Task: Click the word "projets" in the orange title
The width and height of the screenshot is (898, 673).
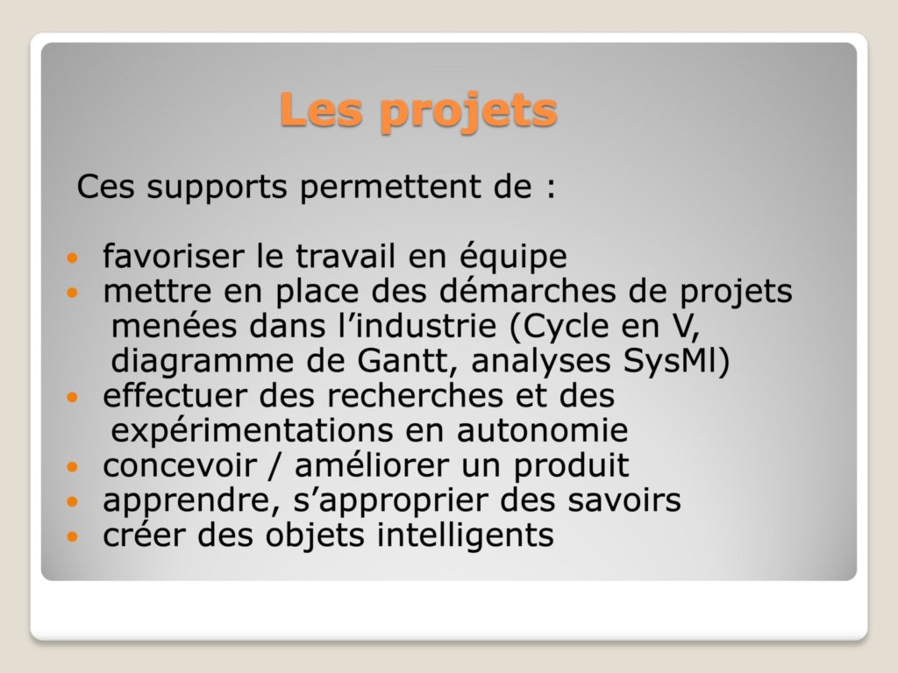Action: (468, 112)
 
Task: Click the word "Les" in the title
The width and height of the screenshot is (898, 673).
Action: (321, 109)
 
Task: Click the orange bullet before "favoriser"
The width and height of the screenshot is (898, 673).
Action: (72, 258)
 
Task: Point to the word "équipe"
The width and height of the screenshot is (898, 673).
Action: (513, 257)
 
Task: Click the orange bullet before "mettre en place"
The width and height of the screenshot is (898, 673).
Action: (72, 293)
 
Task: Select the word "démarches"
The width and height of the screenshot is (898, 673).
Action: (527, 290)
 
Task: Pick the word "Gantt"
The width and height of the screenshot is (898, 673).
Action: (403, 361)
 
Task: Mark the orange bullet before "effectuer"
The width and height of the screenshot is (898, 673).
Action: (72, 397)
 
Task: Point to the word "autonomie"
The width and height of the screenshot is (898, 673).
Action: (542, 431)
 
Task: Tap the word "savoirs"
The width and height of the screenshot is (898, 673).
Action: (624, 499)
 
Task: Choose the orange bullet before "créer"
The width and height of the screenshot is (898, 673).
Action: (72, 537)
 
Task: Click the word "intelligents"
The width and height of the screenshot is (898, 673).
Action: (466, 536)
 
